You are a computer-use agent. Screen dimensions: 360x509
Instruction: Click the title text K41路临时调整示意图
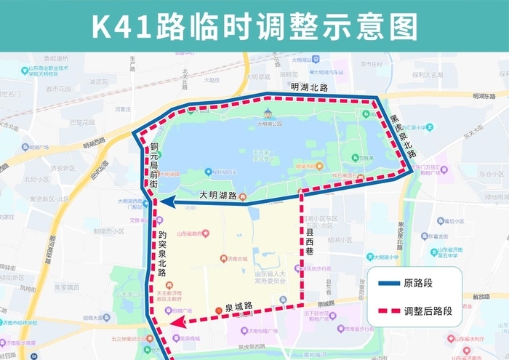[x=254, y=25]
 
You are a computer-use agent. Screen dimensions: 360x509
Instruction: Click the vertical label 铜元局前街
[x=154, y=165]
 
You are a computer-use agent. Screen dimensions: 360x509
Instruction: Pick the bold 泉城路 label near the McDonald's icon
[x=238, y=306]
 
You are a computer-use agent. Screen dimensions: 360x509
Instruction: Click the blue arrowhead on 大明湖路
[x=165, y=203]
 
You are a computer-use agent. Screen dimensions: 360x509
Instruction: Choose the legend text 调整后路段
[x=428, y=311]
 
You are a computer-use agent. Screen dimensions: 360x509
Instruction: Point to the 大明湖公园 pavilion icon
[x=268, y=113]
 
